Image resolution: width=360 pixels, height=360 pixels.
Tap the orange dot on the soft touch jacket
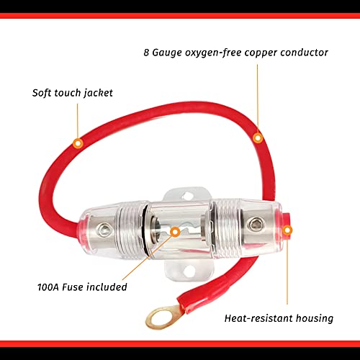click(78, 143)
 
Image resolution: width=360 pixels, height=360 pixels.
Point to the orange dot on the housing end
click(288, 231)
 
